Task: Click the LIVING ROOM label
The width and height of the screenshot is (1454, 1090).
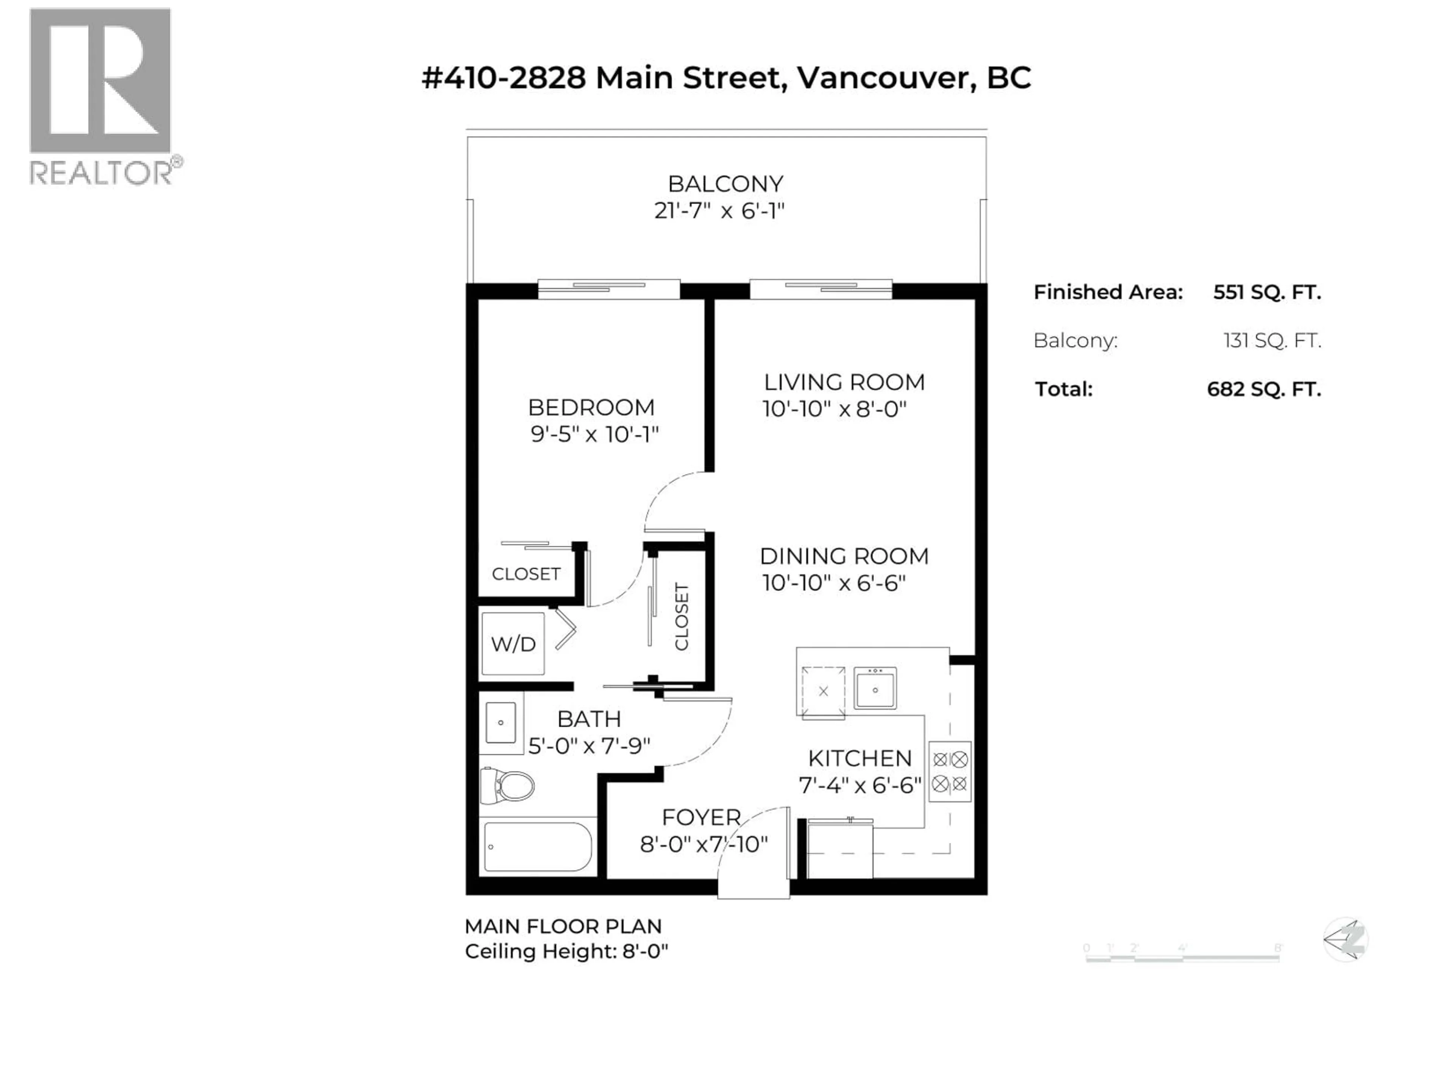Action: (844, 382)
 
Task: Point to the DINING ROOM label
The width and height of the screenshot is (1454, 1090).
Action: (844, 556)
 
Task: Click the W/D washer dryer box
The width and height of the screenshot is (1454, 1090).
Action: (513, 644)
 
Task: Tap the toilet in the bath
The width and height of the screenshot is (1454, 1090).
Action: (507, 785)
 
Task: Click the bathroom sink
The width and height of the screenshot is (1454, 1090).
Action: (501, 723)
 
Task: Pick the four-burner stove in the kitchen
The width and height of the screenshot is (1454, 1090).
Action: (950, 771)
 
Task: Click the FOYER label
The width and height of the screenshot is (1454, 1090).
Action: (701, 817)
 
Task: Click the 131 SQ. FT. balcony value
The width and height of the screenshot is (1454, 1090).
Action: (1272, 340)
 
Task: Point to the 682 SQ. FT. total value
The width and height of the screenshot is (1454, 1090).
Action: (1264, 389)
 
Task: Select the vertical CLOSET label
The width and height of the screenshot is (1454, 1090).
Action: (682, 616)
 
